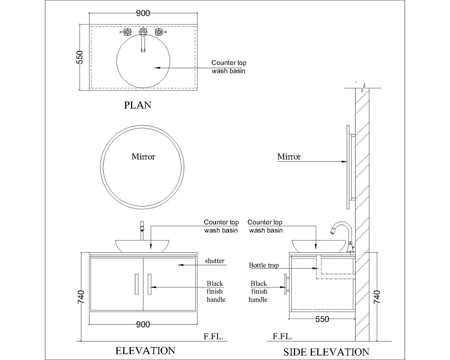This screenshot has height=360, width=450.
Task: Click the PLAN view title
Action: pos(138,105)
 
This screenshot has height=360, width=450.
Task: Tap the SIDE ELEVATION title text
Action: pos(326,352)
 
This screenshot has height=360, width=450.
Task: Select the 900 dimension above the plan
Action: pos(143,13)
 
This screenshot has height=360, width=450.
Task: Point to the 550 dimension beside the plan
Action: pos(80,57)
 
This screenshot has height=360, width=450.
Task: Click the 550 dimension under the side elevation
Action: pos(322,319)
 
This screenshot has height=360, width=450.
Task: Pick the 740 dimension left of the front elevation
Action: pos(81,297)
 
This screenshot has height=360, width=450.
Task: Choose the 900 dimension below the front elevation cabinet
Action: pos(143,324)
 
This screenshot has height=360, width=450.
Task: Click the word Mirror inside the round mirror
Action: pos(143,157)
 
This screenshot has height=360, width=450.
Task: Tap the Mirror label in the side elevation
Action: pos(289,157)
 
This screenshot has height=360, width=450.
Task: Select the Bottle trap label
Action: pos(264,265)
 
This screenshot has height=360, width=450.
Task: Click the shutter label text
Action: pos(214,261)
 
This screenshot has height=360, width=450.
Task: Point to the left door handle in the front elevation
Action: pos(136,284)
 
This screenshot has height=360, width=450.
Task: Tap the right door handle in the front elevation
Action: pos(149,284)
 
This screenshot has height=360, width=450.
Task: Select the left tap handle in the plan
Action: pos(127,32)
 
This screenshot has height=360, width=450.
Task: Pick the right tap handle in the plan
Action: pos(159,32)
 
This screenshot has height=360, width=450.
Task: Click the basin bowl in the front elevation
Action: pos(142,246)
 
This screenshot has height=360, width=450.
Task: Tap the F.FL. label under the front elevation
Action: pos(214,336)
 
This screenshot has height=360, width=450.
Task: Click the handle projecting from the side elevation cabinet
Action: pos(286,284)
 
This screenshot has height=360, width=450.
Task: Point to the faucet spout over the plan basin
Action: pos(143,42)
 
